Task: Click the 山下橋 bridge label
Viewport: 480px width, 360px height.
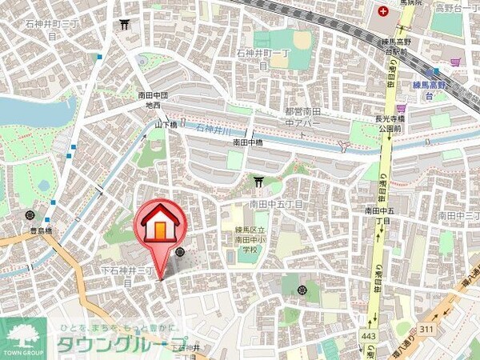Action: [x=166, y=125]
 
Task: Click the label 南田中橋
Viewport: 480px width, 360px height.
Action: [x=248, y=142]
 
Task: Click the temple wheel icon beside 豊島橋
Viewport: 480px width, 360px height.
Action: [x=30, y=214]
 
